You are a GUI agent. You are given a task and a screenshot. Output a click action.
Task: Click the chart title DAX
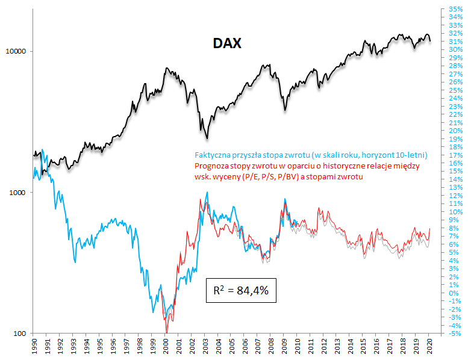tap(227, 43)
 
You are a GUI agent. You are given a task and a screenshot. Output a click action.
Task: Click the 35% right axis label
tap(454, 9)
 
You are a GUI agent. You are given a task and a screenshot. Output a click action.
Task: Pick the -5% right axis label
tap(454, 334)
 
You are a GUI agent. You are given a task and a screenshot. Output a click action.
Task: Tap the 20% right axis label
tap(454, 131)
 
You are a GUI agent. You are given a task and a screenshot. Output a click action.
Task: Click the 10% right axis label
tap(454, 212)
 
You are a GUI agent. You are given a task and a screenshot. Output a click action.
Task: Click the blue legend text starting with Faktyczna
tap(311, 155)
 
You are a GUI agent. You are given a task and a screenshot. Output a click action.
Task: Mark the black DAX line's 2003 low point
tap(207, 138)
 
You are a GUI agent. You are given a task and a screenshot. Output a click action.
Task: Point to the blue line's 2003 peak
tap(207, 193)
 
